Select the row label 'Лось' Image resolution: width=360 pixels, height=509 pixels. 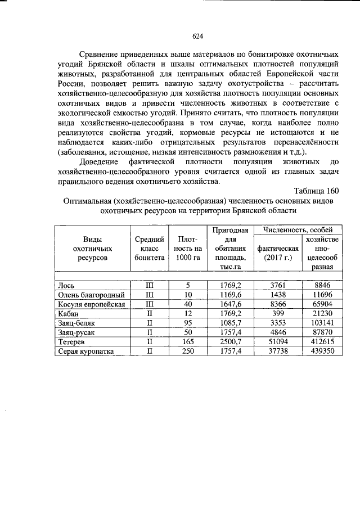tap(66, 285)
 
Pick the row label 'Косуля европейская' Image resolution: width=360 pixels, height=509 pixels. tap(91, 304)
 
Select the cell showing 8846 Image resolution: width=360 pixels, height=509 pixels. tap(322, 285)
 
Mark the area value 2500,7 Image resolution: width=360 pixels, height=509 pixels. tap(231, 342)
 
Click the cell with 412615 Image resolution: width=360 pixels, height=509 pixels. tap(322, 342)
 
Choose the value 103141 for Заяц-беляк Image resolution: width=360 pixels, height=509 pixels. tap(322, 323)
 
